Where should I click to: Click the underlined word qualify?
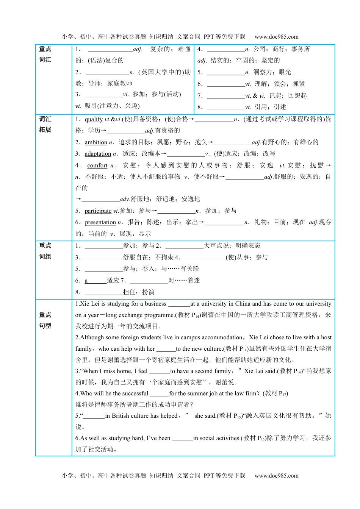click(94, 119)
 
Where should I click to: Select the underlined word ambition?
click(96, 142)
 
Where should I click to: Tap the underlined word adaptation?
click(98, 154)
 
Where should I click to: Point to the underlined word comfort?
click(97, 166)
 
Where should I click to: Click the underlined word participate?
click(98, 211)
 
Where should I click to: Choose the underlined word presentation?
click(100, 222)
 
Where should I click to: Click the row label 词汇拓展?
click(45, 124)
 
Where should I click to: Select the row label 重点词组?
click(45, 251)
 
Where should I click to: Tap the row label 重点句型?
click(45, 320)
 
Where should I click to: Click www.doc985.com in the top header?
click(276, 37)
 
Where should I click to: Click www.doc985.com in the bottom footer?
click(276, 476)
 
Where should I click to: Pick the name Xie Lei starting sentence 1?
click(90, 304)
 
